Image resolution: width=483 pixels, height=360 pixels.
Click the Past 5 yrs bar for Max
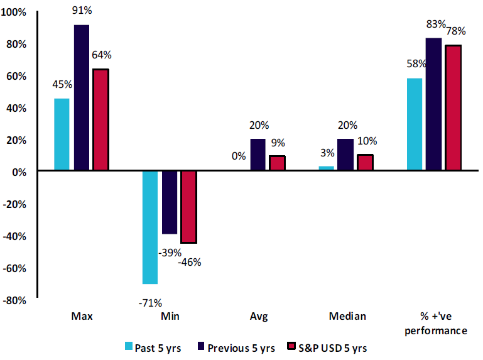tap(62, 134)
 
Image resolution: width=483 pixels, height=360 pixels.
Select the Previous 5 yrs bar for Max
tap(82, 97)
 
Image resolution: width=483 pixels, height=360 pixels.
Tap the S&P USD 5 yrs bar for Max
tap(100, 119)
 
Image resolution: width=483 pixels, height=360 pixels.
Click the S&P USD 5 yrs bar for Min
tap(188, 207)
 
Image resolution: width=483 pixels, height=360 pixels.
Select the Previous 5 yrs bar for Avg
tap(258, 155)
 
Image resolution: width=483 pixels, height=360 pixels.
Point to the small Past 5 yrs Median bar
tap(326, 168)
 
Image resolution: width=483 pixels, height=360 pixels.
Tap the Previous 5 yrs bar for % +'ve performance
tap(433, 104)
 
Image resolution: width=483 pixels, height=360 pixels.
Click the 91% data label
tap(82, 11)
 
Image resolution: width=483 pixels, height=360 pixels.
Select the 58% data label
tap(416, 63)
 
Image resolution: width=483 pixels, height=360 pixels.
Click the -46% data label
tap(188, 262)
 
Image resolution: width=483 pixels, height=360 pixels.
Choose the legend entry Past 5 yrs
tap(155, 347)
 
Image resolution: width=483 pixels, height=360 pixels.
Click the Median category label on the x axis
tap(347, 316)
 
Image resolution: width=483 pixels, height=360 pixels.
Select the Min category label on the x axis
tap(170, 316)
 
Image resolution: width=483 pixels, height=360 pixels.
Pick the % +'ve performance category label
tap(435, 323)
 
